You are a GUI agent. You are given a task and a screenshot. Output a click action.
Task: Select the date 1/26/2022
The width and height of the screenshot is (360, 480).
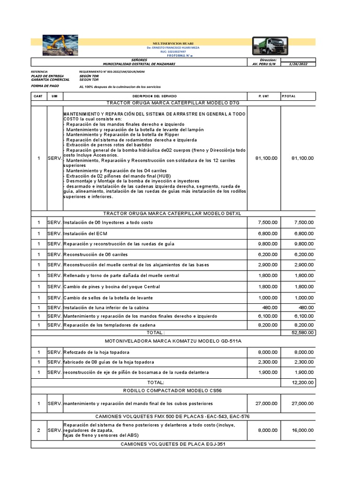pos(298,64)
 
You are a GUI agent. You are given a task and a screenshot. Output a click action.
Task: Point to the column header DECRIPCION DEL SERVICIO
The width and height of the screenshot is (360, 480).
pos(155,96)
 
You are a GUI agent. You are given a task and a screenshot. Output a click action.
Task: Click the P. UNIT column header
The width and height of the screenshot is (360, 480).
pos(263,96)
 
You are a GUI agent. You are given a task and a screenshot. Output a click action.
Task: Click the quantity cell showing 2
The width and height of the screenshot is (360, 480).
pos(39,430)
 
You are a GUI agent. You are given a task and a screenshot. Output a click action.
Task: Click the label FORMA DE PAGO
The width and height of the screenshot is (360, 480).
pos(45,86)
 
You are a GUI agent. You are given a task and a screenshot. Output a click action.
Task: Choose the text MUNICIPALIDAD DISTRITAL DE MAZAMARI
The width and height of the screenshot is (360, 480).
pos(139,64)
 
